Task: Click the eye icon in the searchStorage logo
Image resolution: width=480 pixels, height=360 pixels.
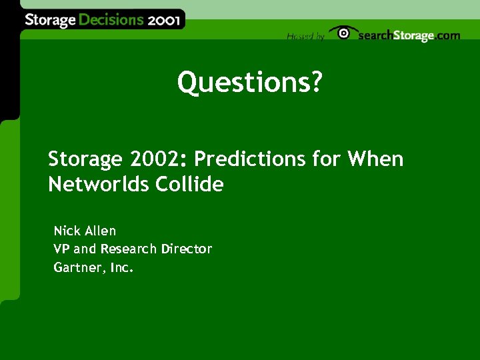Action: click(x=343, y=33)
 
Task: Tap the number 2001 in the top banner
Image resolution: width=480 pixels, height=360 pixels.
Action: click(x=163, y=19)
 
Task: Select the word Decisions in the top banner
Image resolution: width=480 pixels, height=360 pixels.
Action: click(x=111, y=20)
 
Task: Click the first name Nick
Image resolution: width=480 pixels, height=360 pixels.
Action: click(x=67, y=231)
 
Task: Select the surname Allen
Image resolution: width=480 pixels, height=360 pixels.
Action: click(x=100, y=231)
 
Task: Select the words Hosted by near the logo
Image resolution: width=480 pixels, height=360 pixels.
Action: click(x=305, y=37)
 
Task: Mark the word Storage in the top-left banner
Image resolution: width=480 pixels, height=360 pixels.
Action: click(x=51, y=20)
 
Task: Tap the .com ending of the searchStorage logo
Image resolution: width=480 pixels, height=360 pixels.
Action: click(x=447, y=35)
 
